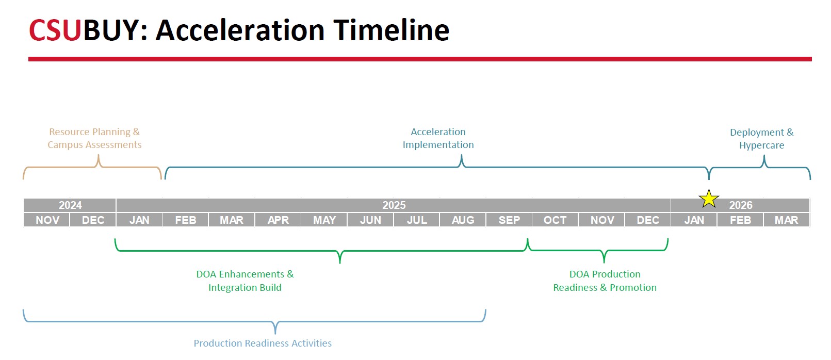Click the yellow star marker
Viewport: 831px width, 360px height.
tap(709, 199)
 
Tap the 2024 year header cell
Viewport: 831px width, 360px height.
tap(70, 205)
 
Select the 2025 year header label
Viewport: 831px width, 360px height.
tap(394, 205)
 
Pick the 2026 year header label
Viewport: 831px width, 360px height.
tap(741, 205)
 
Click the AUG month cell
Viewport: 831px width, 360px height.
tap(463, 220)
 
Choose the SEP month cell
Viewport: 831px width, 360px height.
tap(509, 220)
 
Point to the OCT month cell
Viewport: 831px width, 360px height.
tap(555, 220)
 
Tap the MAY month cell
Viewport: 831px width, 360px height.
tap(324, 220)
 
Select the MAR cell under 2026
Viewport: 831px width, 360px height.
tap(787, 220)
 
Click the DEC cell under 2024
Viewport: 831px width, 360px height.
tap(93, 220)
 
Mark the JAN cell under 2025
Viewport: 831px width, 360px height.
tap(139, 220)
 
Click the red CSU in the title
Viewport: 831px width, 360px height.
tap(55, 30)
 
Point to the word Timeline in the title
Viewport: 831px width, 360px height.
tap(391, 30)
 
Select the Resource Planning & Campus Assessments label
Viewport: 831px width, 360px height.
tap(94, 138)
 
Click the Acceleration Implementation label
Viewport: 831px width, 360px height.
tap(438, 138)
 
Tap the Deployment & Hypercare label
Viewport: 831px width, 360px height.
tap(762, 138)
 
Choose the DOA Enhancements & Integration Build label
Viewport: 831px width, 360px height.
tap(245, 281)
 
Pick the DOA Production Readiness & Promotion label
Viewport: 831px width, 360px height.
tap(605, 281)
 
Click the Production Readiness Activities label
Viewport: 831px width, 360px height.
tap(263, 343)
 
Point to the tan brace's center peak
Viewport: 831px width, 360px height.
tap(99, 156)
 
